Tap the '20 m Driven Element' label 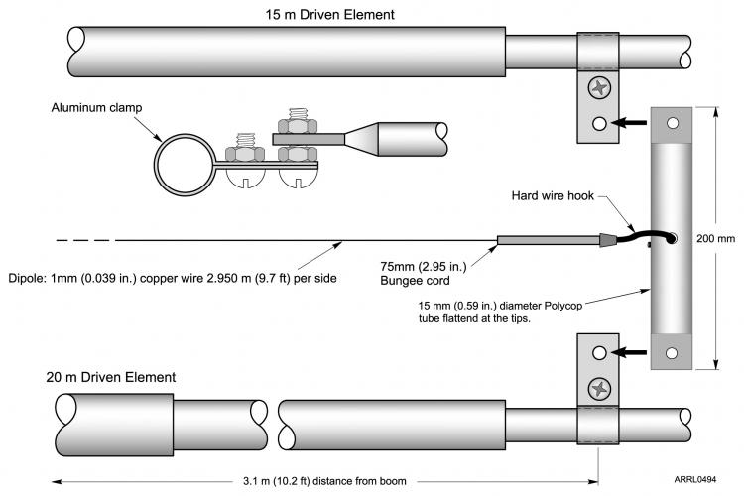(111, 377)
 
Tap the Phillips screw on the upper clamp (598, 89)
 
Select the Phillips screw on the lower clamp (598, 388)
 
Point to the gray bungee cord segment (547, 240)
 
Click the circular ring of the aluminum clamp (186, 159)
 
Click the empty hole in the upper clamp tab (598, 124)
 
